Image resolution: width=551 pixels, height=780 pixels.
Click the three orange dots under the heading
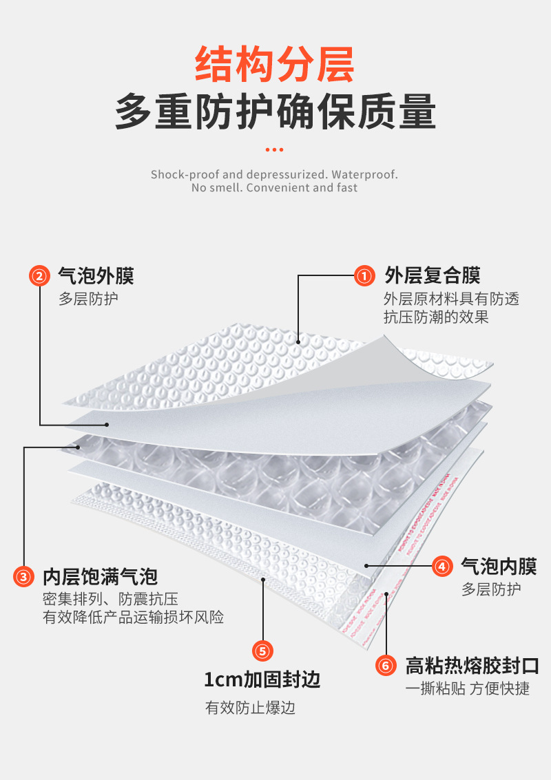click(x=275, y=149)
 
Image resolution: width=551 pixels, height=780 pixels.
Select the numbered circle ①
click(x=364, y=276)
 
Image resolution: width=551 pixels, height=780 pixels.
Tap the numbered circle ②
click(x=39, y=276)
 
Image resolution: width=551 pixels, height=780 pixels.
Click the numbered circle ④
click(x=442, y=567)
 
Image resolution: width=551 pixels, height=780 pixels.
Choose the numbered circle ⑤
click(x=263, y=651)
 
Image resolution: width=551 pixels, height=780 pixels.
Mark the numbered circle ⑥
click(x=386, y=666)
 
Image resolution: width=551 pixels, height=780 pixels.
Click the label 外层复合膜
click(x=432, y=275)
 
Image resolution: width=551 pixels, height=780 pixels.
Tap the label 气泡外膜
click(x=96, y=275)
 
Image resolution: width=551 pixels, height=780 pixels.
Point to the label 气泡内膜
click(x=499, y=567)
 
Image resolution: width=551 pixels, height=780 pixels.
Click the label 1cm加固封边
click(x=262, y=680)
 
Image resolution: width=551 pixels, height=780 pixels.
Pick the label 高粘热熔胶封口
click(x=472, y=666)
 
